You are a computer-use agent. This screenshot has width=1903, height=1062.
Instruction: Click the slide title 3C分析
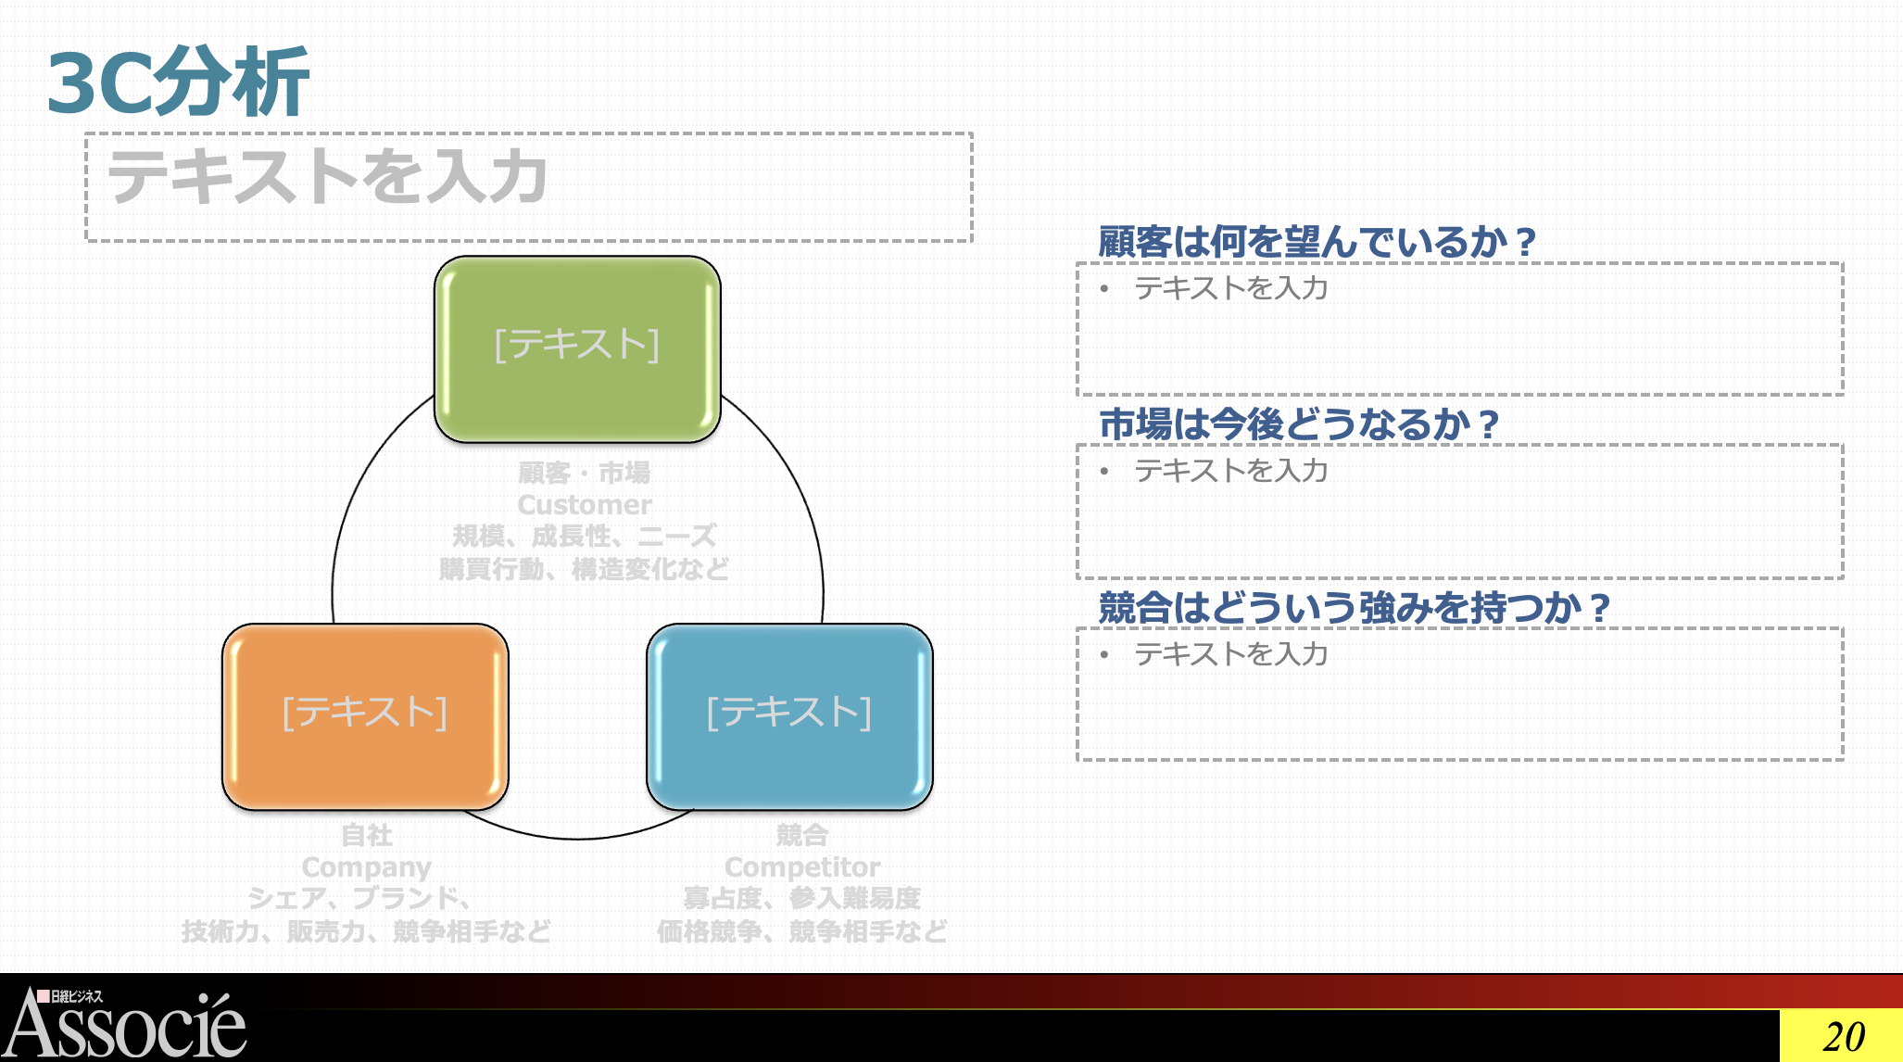coord(178,83)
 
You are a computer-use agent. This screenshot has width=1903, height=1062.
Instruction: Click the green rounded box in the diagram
coord(577,348)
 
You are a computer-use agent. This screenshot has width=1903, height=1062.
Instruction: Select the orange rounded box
coord(365,715)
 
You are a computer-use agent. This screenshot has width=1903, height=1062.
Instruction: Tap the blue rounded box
coord(789,715)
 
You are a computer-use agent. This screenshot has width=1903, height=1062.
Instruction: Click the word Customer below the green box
coord(585,505)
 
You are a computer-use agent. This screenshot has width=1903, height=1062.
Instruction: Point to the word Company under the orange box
coord(366,867)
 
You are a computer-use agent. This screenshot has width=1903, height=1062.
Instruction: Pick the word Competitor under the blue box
coord(802,867)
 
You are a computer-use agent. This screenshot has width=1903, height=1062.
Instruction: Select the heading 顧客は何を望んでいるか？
coord(1317,242)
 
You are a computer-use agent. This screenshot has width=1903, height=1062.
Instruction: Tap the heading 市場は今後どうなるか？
coord(1298,424)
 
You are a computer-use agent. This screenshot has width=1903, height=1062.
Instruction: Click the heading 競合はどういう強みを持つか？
coord(1354,608)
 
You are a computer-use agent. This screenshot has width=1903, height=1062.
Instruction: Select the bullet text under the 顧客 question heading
coord(1230,288)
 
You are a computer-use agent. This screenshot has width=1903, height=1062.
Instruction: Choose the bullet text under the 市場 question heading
coord(1230,471)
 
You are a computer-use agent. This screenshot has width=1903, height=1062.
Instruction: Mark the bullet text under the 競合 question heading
coord(1230,654)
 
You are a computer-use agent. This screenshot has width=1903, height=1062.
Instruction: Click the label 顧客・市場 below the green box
coord(584,473)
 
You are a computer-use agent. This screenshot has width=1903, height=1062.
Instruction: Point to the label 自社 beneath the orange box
coord(367,835)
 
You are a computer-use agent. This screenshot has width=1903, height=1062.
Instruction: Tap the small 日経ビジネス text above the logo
coord(76,996)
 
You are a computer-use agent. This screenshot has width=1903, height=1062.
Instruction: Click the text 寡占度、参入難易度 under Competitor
coord(802,898)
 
